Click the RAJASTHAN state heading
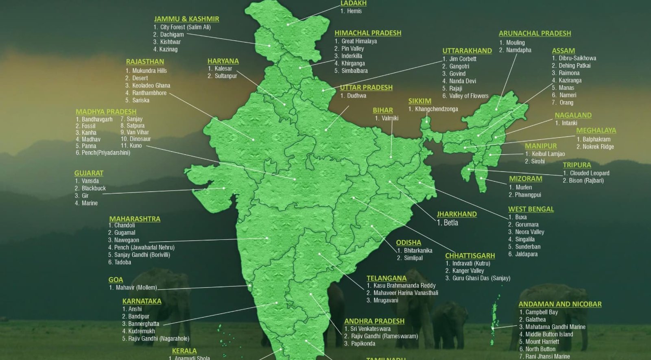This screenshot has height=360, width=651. (x=145, y=62)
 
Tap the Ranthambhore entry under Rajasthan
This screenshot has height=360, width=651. (x=149, y=93)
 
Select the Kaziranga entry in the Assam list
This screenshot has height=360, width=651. (x=570, y=81)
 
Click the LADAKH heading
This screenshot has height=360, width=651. (x=353, y=3)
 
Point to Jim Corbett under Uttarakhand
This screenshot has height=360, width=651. (x=463, y=59)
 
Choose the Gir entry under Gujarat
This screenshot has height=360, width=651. (x=85, y=196)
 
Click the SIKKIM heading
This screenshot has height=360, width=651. (x=419, y=101)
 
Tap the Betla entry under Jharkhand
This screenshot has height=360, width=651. (x=450, y=223)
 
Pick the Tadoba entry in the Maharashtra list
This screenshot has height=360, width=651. (x=122, y=262)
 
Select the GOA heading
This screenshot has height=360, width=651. (x=116, y=280)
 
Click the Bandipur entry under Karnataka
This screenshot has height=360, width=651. (x=139, y=316)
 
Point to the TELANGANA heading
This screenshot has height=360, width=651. (x=386, y=278)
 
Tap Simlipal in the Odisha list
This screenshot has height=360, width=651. (x=413, y=258)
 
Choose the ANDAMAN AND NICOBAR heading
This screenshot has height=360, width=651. (x=559, y=304)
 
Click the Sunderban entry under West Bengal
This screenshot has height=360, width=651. (x=528, y=247)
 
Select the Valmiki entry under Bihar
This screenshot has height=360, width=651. (x=390, y=118)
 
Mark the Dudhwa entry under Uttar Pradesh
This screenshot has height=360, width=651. (x=356, y=96)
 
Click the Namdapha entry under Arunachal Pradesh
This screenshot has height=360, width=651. (x=518, y=50)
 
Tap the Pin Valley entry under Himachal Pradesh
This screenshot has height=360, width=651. (x=352, y=49)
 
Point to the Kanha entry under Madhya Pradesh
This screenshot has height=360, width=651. (x=89, y=133)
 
